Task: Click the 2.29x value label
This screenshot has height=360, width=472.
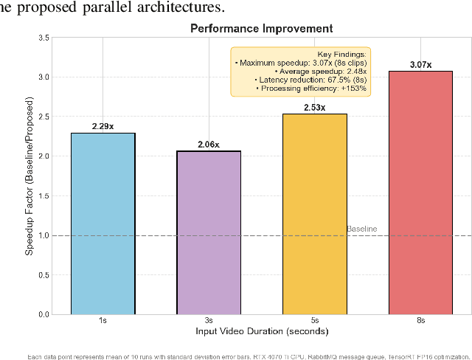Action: [103, 126]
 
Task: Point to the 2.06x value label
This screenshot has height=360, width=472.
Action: [208, 145]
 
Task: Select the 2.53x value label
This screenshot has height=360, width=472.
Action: [314, 108]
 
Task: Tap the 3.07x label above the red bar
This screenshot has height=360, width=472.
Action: [420, 65]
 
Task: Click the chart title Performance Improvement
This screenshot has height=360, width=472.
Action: [262, 29]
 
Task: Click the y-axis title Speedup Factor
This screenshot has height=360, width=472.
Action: [29, 176]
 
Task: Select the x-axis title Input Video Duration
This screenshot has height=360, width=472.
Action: [262, 331]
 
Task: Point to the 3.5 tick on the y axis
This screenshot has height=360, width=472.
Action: [44, 38]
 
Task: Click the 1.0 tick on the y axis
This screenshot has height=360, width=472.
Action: [44, 236]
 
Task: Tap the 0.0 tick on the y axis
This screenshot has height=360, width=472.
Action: [44, 315]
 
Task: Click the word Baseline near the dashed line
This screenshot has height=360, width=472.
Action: [361, 229]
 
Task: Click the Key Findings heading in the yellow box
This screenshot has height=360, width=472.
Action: [341, 55]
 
